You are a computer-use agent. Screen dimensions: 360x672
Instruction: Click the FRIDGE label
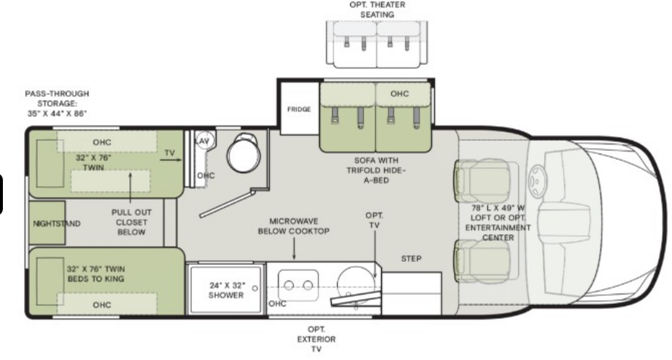pyautogui.click(x=299, y=110)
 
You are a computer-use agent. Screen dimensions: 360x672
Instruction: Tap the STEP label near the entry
pyautogui.click(x=411, y=258)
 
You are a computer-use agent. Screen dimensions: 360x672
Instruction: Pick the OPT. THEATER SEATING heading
pyautogui.click(x=377, y=9)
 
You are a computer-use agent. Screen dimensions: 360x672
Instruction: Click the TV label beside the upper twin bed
pyautogui.click(x=170, y=153)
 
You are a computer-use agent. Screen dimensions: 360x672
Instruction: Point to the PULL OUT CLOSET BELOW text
pyautogui.click(x=131, y=222)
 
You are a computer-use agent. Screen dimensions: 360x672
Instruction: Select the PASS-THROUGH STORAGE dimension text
pyautogui.click(x=57, y=104)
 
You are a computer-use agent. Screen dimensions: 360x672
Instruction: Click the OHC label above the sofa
pyautogui.click(x=399, y=94)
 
